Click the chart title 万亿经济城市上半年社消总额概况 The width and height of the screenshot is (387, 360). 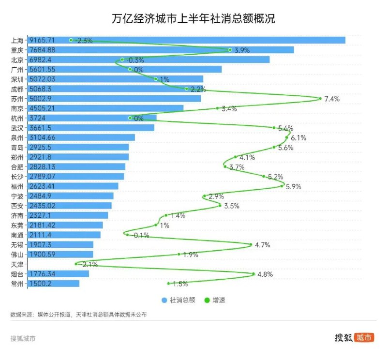[x=193, y=18]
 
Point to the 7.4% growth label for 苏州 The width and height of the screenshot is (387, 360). [x=332, y=99]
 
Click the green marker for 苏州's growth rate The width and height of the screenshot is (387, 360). [x=320, y=99]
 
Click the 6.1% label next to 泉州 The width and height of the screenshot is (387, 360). [x=298, y=138]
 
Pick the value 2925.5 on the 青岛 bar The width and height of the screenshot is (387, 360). [x=41, y=147]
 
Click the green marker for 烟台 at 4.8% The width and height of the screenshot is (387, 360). [x=253, y=274]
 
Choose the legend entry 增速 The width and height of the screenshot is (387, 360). [x=214, y=300]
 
